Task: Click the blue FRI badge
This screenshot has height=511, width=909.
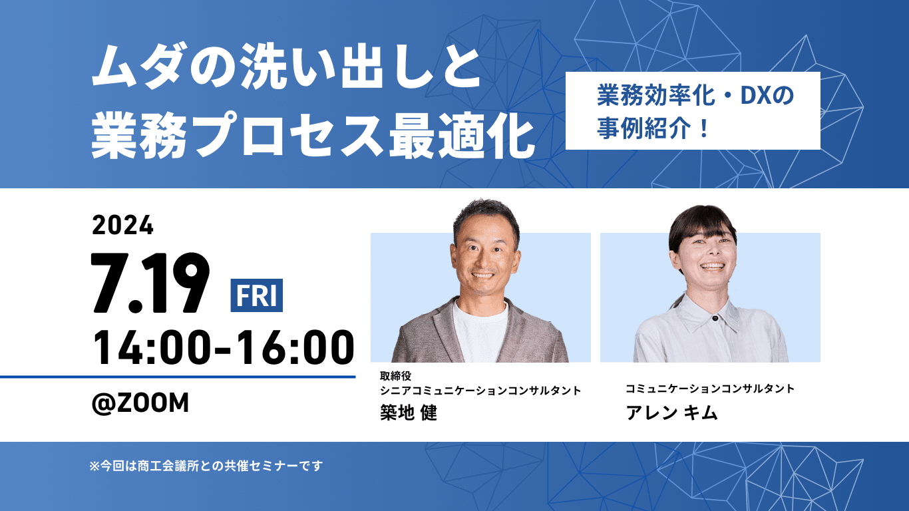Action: coord(256,295)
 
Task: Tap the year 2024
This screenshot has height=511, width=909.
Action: coord(123,226)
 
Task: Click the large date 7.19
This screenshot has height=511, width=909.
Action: coord(150,283)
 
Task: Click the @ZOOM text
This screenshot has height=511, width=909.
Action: coord(140,403)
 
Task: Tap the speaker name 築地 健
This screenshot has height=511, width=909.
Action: coord(408,413)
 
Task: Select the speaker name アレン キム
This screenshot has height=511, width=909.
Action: coord(671,413)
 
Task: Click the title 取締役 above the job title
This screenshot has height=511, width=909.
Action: coord(396,376)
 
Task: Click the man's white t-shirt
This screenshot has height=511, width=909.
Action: coord(480,333)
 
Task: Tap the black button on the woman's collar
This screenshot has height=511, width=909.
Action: coord(715,318)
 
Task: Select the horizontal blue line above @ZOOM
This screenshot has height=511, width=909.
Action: coord(178,377)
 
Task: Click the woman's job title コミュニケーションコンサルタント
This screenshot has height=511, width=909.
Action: coord(710,389)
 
